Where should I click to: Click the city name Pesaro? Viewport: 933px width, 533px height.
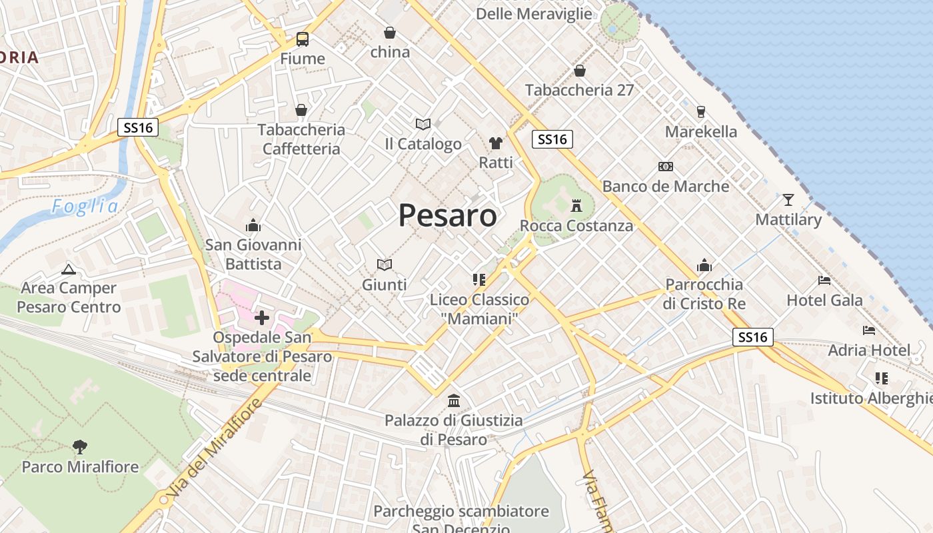pos(448,215)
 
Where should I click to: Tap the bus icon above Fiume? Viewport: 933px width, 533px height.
pos(303,39)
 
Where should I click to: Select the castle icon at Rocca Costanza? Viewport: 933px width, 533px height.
pos(577,206)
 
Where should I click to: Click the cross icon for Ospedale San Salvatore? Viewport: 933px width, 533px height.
pos(262,318)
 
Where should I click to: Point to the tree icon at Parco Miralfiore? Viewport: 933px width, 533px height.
pos(80,446)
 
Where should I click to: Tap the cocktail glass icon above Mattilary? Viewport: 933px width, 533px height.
pos(788,199)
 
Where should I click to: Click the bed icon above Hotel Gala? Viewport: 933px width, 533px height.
pos(824,280)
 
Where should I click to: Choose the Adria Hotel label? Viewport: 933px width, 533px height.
pos(869,350)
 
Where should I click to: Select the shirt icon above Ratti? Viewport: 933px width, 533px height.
pos(496,143)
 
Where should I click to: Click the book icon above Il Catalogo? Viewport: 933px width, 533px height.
pos(423,124)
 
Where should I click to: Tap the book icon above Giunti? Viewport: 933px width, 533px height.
pos(385,265)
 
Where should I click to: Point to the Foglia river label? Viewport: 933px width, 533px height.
pos(85,207)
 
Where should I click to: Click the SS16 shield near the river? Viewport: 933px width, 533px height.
pos(138,127)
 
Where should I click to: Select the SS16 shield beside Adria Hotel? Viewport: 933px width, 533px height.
pos(753,337)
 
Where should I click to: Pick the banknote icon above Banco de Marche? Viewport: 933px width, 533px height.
pos(665,166)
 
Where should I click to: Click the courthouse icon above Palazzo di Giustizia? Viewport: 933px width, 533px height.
pos(454,401)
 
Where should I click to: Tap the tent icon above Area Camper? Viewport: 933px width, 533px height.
pos(68,269)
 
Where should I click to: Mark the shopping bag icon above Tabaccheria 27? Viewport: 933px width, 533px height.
pos(580,71)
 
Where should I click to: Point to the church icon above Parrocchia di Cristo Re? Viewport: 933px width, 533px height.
pos(704,266)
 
